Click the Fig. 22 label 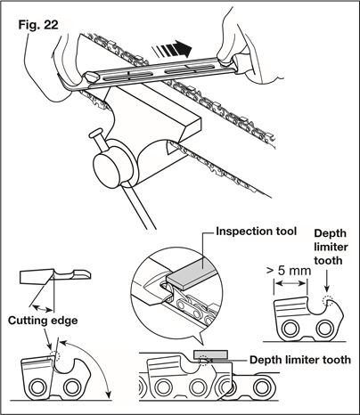[x=38, y=25]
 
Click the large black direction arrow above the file [x=172, y=49]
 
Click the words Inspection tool [x=257, y=232]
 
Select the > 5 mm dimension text [x=289, y=271]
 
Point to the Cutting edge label [x=43, y=321]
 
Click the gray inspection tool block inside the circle [x=190, y=273]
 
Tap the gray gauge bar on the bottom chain [x=210, y=354]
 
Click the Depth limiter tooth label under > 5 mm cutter [x=331, y=247]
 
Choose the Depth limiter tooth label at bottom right [x=300, y=360]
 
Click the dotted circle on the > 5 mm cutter [x=327, y=301]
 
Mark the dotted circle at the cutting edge [x=54, y=354]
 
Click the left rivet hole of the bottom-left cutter [x=37, y=387]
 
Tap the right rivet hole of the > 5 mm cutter [x=324, y=329]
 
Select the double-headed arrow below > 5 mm [x=290, y=284]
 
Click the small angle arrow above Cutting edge [x=43, y=308]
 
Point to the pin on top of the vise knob [x=96, y=135]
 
